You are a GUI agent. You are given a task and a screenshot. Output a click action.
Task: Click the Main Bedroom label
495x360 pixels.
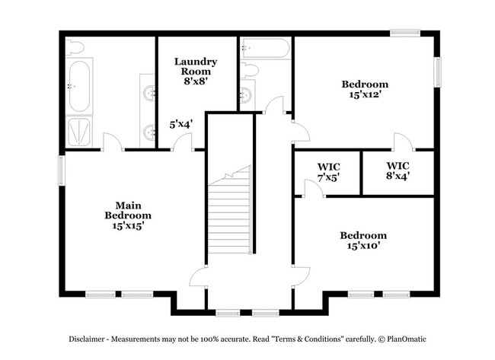point(128,215)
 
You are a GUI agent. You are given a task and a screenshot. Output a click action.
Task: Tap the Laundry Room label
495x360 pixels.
point(196,66)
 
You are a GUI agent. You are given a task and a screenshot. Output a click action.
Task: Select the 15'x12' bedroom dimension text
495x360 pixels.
point(365,95)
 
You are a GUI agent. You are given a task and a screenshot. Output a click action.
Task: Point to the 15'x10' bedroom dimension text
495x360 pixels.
point(363,246)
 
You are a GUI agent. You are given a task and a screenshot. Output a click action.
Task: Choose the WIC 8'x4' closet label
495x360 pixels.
point(398,170)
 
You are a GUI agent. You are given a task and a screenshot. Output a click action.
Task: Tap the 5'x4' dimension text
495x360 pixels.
point(180,123)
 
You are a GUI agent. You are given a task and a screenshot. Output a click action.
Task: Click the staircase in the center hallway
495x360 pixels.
point(230,213)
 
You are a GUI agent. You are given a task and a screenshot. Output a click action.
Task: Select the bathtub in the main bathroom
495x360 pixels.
point(79,84)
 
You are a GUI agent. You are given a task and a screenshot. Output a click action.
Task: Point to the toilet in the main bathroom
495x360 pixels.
point(75,46)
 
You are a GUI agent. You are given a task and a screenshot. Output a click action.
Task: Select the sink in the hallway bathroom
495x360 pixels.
point(245,95)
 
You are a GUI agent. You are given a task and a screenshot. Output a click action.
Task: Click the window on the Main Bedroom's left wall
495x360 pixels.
point(62,169)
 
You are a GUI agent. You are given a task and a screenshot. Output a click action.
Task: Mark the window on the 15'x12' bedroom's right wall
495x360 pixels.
point(438,72)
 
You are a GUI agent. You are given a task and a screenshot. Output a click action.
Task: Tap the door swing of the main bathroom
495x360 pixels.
point(111,142)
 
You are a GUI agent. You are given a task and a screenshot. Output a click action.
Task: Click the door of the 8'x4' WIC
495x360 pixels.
point(401,142)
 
